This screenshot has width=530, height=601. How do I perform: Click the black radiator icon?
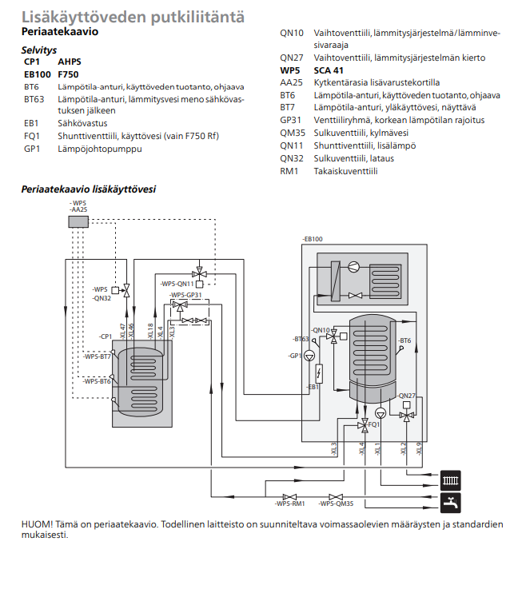451,482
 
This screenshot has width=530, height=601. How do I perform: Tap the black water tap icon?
451,503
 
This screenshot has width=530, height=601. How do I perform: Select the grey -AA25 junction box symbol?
78,221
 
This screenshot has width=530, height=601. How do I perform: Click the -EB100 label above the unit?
313,239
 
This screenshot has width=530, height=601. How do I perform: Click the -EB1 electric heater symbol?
320,372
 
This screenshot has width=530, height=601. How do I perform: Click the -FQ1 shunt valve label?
374,424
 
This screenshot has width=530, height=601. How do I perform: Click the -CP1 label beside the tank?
105,336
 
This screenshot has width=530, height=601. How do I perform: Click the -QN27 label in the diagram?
406,396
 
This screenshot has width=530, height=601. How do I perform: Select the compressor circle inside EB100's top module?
354,267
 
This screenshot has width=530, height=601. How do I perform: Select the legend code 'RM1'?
289,170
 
